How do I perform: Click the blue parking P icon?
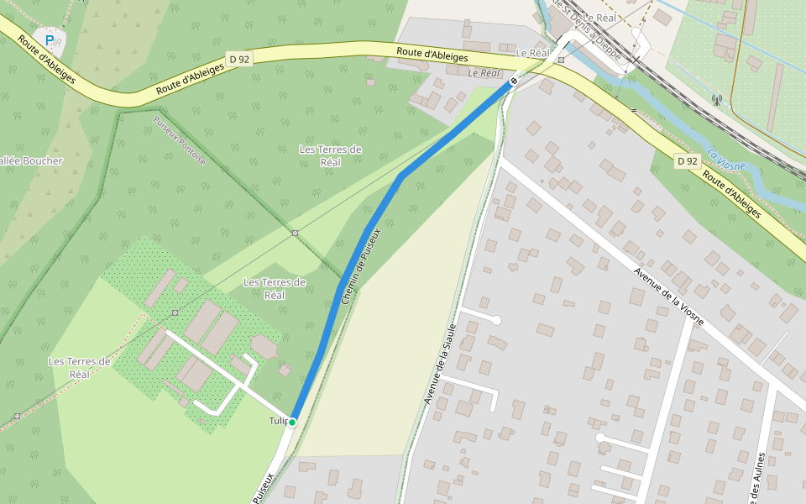click(50, 39)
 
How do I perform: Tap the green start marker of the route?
click(291, 422)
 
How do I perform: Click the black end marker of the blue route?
click(513, 81)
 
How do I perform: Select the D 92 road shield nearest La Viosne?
click(687, 160)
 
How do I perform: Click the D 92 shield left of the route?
click(239, 60)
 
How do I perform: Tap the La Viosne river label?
click(725, 160)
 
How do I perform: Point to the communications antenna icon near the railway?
click(716, 99)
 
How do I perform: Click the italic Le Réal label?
click(484, 73)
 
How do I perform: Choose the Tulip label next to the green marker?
click(278, 420)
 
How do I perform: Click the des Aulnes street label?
click(760, 479)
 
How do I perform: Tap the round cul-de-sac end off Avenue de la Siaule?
click(496, 320)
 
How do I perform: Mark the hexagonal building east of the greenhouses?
click(264, 345)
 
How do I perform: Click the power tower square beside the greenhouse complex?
click(175, 312)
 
